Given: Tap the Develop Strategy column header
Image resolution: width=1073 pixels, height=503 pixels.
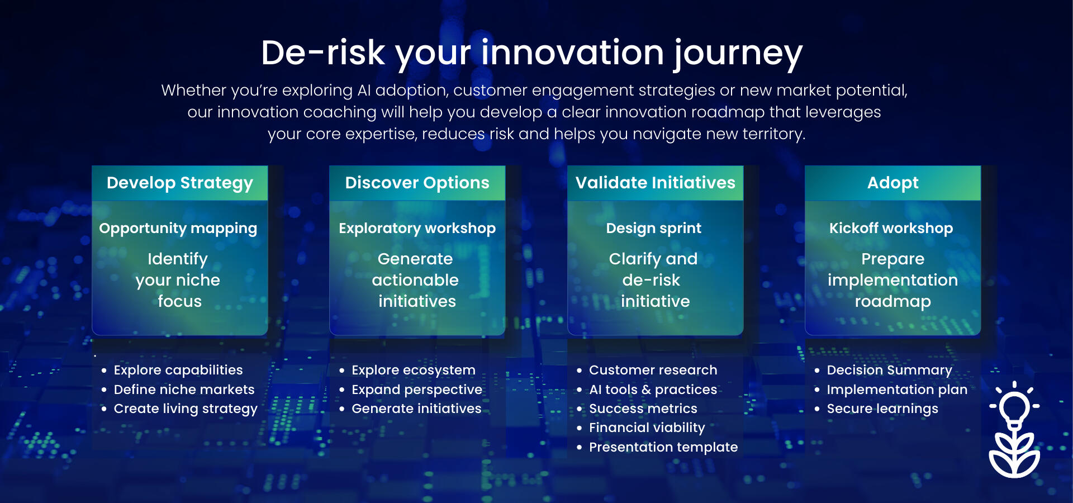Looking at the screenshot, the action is coord(180,183).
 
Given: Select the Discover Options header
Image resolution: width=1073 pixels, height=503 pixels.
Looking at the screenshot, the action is coord(417,183).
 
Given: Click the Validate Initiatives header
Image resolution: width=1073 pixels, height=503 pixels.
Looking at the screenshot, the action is coord(656,183).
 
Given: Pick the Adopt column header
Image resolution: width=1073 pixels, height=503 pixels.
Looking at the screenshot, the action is coord(893,183).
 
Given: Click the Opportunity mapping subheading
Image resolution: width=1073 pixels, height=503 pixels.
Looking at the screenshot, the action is coord(178,229).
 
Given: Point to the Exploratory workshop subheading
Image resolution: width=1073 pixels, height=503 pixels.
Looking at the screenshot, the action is coord(417,229).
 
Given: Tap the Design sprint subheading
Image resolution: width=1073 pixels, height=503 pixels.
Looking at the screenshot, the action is coord(654,229).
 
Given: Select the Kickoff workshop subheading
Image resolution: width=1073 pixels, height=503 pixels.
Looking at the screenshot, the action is coord(891,228).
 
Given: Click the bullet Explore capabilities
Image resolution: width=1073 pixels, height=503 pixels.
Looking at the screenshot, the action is coord(178,371).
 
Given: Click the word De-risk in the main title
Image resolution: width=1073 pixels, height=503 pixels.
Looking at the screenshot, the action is coord(323,53).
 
